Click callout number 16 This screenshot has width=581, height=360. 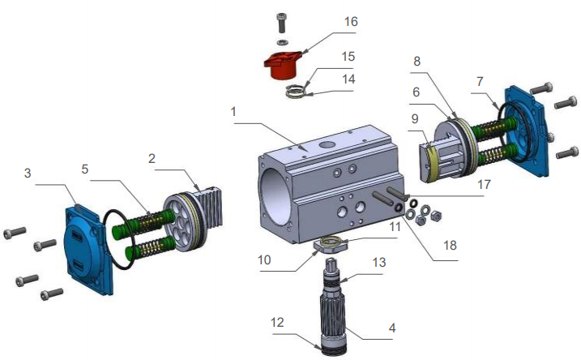pos(350,21)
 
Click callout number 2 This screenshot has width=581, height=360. pos(152,160)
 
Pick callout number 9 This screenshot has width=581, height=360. pos(415,118)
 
